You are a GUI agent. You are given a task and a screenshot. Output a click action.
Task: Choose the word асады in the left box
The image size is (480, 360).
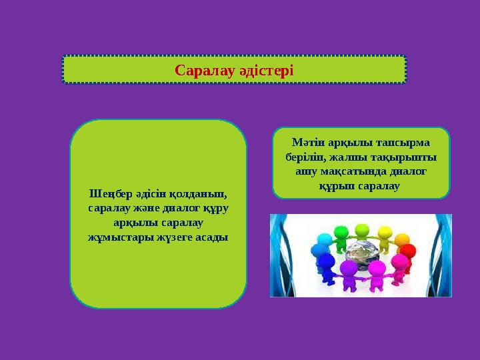tap(207, 237)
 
